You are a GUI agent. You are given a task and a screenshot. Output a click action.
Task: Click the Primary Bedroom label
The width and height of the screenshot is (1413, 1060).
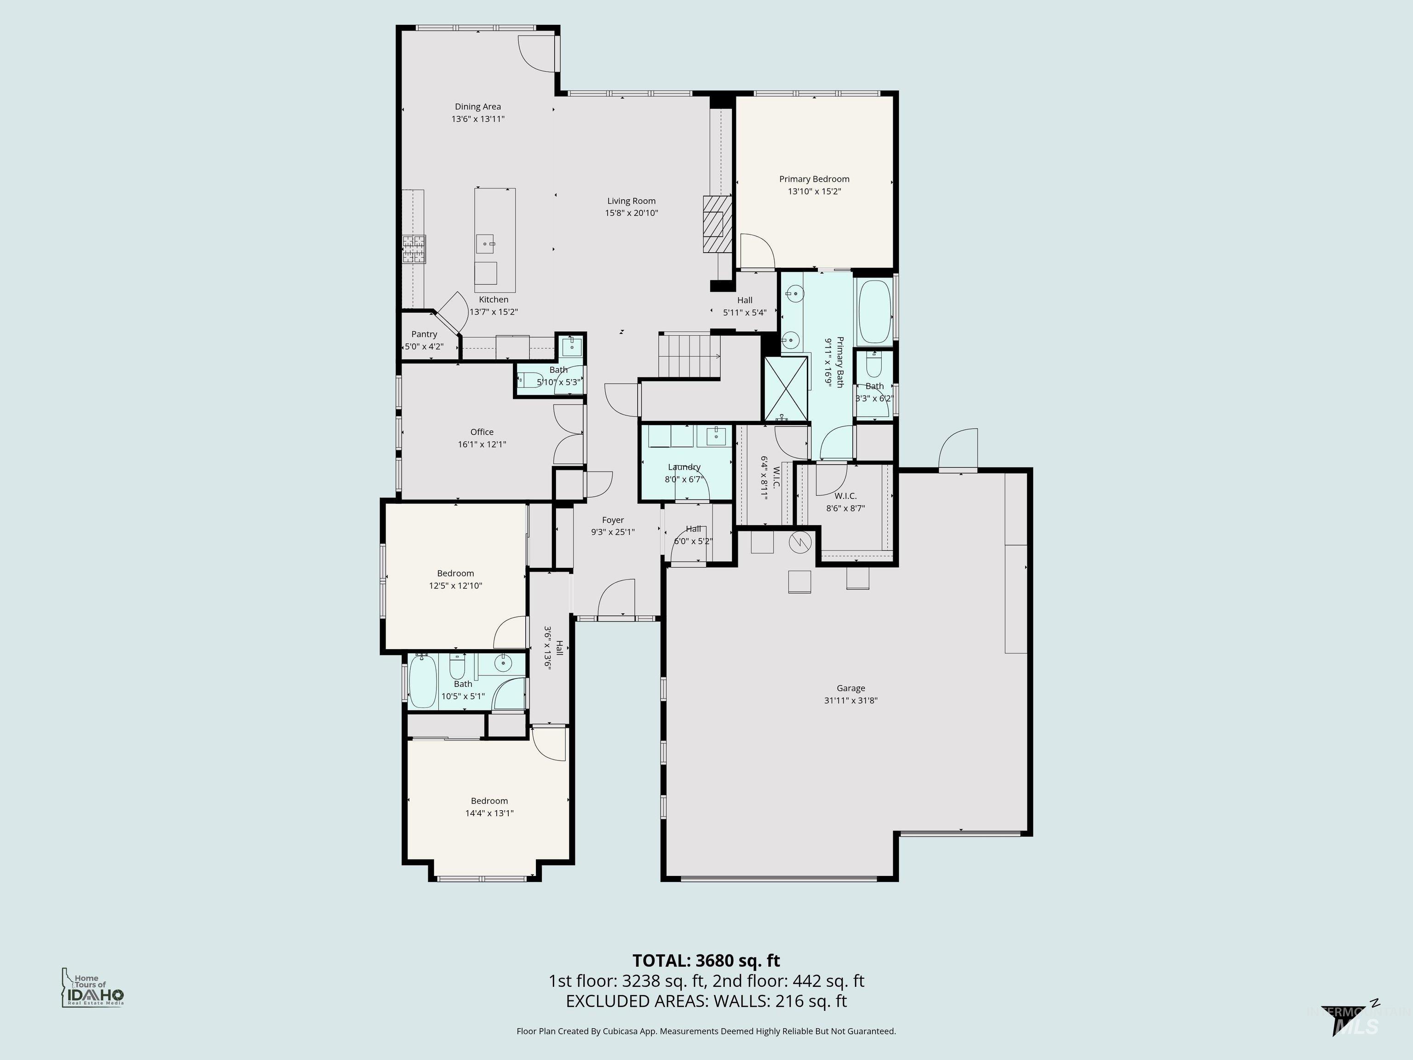pyautogui.click(x=814, y=179)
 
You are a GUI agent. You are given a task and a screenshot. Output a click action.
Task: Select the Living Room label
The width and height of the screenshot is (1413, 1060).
pyautogui.click(x=631, y=201)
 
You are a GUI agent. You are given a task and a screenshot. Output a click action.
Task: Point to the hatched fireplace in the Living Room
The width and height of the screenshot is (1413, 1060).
pyautogui.click(x=715, y=225)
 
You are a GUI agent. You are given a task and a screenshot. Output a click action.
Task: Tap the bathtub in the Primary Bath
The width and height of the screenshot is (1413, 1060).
pyautogui.click(x=874, y=312)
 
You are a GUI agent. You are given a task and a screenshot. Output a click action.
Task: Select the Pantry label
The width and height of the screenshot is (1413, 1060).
pyautogui.click(x=424, y=334)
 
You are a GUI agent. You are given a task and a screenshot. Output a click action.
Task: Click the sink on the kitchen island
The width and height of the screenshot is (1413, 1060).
pyautogui.click(x=485, y=243)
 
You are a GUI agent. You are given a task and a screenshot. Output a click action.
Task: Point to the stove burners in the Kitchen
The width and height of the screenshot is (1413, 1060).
pyautogui.click(x=414, y=249)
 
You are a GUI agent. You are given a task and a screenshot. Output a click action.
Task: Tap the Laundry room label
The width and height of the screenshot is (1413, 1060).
pyautogui.click(x=684, y=467)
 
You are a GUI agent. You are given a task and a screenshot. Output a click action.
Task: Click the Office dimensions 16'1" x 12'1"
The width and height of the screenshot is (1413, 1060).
pyautogui.click(x=482, y=444)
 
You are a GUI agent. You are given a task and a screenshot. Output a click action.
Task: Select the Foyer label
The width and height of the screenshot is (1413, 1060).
pyautogui.click(x=613, y=520)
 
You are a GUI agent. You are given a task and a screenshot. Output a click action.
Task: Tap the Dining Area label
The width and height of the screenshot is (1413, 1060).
pyautogui.click(x=478, y=107)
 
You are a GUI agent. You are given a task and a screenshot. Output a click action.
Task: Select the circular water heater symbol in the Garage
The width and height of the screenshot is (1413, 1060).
pyautogui.click(x=801, y=542)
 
